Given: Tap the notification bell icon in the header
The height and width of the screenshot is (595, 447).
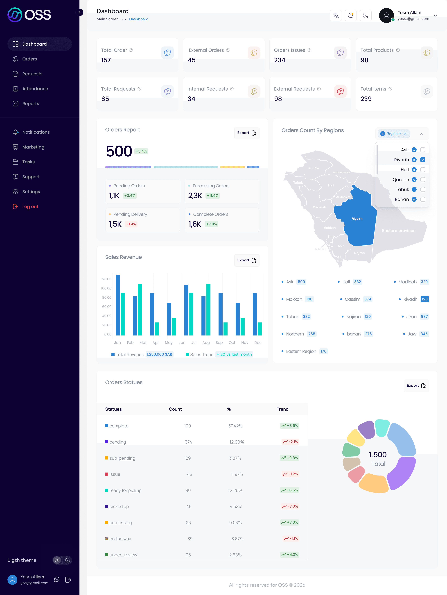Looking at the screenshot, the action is (351, 16).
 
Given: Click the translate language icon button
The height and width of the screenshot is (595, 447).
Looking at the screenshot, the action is (336, 16).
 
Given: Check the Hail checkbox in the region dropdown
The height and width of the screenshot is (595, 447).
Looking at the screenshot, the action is (423, 170).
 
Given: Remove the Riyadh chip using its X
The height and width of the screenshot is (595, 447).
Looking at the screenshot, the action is (405, 134).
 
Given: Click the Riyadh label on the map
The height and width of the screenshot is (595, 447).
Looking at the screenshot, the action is (357, 219).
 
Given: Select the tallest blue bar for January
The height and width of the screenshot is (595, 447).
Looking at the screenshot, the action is (118, 305).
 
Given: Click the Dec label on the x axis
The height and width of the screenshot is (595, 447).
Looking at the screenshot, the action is (258, 342).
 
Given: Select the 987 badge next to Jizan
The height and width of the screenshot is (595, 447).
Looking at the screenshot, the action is (424, 317).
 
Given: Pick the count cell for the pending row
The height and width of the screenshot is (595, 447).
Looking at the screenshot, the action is (188, 442).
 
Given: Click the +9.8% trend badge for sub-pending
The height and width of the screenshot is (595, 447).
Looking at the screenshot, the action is (290, 458).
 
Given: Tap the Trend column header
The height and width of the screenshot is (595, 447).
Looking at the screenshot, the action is (282, 409).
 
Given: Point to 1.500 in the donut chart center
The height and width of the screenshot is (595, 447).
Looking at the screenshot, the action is (377, 455).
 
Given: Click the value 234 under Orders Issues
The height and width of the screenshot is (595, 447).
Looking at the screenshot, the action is (280, 60).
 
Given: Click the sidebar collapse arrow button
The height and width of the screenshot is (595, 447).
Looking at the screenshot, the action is (79, 12).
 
